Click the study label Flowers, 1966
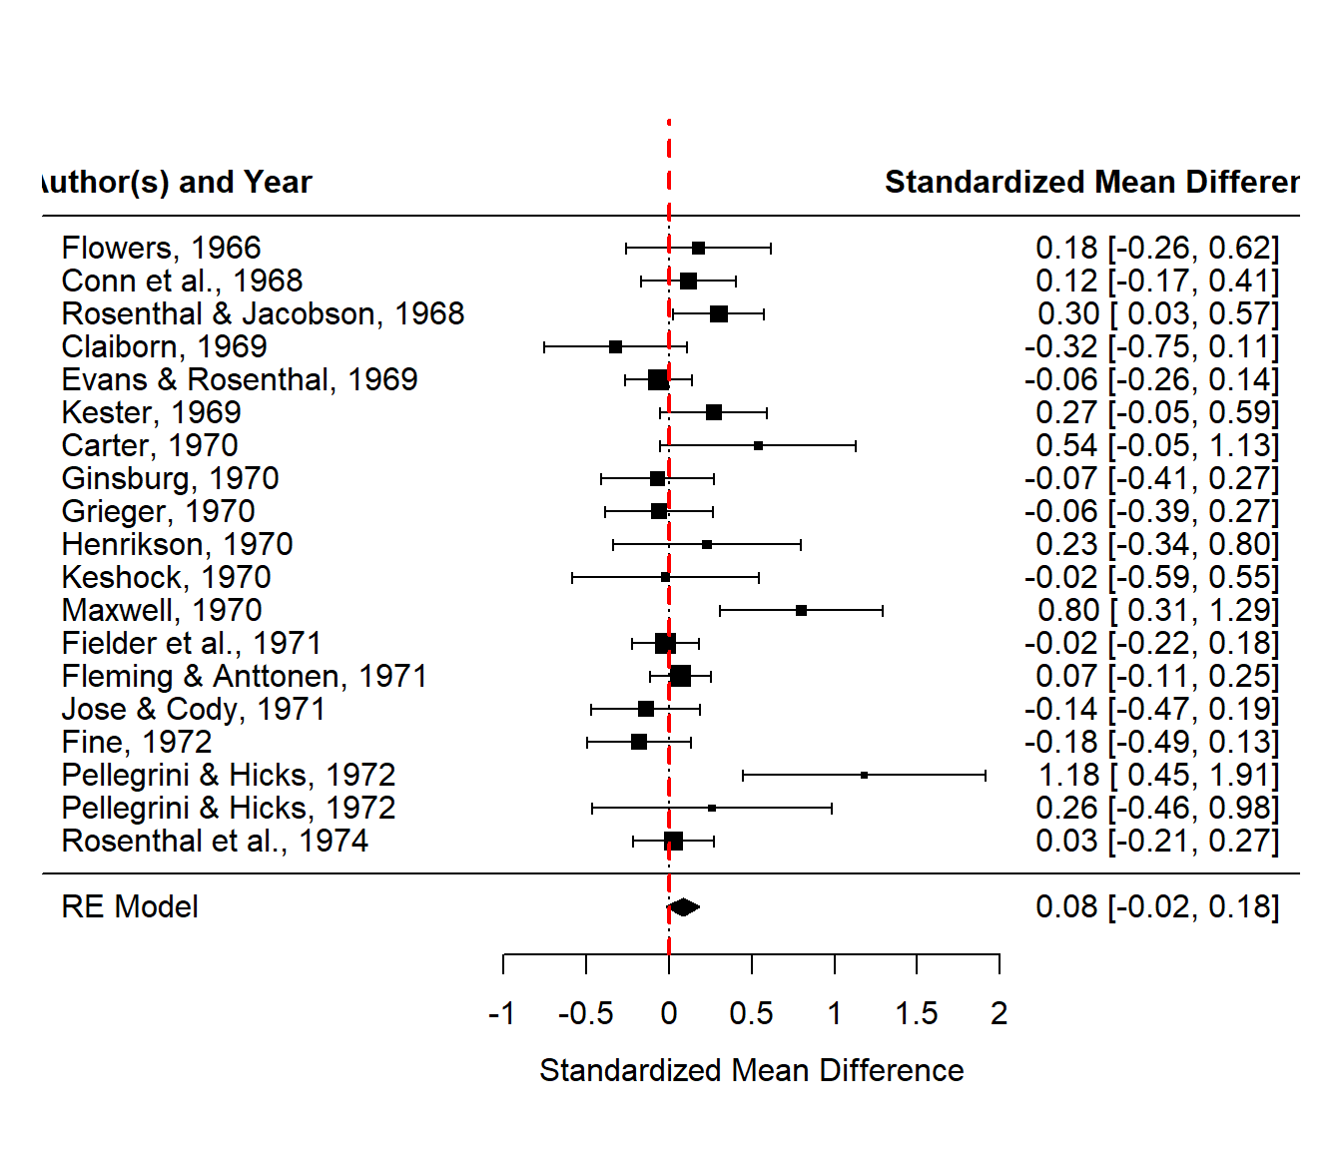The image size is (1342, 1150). point(161,248)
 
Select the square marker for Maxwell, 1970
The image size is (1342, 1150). point(801,610)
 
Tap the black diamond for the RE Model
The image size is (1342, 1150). point(683,906)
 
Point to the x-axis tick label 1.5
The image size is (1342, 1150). point(916,1013)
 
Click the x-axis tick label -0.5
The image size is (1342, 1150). point(585,1013)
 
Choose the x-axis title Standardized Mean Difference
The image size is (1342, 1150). point(751,1070)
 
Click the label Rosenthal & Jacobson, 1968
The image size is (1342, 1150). point(263,313)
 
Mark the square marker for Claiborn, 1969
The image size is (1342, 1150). point(615,346)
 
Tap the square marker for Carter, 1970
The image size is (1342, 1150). point(758,445)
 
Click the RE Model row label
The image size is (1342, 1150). point(130,906)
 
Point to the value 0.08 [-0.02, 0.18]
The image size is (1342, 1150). point(1156,906)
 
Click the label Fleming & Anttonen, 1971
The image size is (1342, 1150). point(244,676)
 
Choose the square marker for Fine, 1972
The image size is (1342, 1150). point(639,742)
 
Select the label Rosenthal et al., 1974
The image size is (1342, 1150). point(215,841)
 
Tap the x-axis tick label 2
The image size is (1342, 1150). point(999,1013)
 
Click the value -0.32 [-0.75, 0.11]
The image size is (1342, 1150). point(1151,346)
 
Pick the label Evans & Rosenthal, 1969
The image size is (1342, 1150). point(240,379)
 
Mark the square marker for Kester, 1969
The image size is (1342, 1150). point(713,412)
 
